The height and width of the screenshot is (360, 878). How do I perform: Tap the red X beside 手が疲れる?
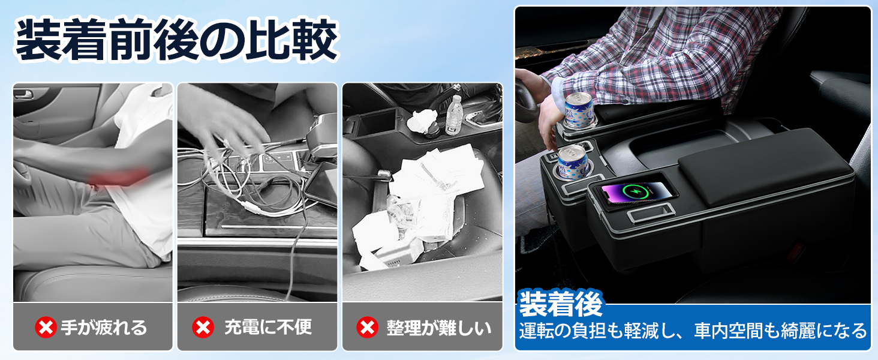46,327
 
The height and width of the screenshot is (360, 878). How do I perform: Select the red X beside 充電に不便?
203,327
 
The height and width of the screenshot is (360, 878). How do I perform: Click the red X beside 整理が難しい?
367,327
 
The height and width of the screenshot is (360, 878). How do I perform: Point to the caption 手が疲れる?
104,328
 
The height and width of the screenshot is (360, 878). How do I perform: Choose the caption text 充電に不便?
268,328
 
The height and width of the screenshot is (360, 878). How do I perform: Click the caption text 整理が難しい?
438,328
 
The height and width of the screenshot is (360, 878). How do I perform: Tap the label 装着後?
560,304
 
